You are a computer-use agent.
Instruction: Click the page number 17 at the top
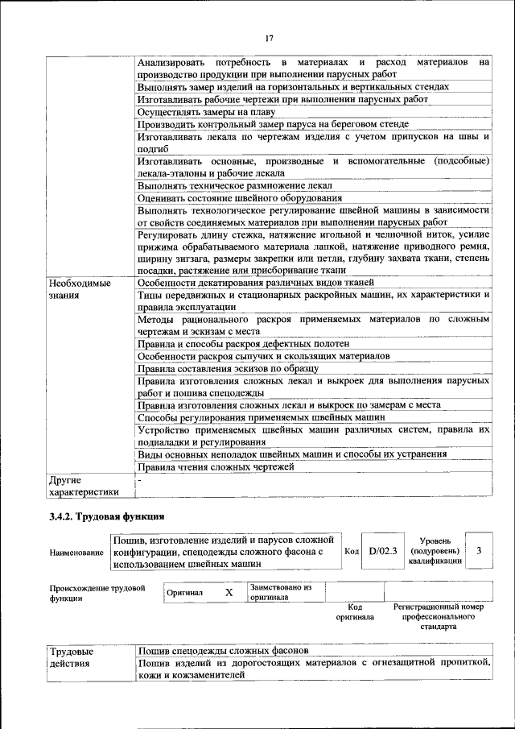pyautogui.click(x=270, y=38)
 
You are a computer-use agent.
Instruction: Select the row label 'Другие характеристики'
pyautogui.click(x=83, y=485)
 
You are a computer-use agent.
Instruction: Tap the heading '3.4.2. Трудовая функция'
pyautogui.click(x=107, y=516)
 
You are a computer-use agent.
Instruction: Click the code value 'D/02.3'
pyautogui.click(x=383, y=552)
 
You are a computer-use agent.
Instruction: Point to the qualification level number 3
pyautogui.click(x=479, y=550)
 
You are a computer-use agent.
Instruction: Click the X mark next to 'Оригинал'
pyautogui.click(x=229, y=593)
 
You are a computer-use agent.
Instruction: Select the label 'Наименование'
pyautogui.click(x=76, y=553)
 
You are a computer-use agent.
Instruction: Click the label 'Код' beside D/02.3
pyautogui.click(x=352, y=552)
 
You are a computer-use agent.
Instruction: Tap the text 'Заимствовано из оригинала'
pyautogui.click(x=280, y=593)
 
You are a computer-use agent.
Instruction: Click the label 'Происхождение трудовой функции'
pyautogui.click(x=97, y=593)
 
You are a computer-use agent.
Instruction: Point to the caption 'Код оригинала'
pyautogui.click(x=355, y=612)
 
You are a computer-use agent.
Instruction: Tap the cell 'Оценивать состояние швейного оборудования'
pyautogui.click(x=234, y=197)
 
